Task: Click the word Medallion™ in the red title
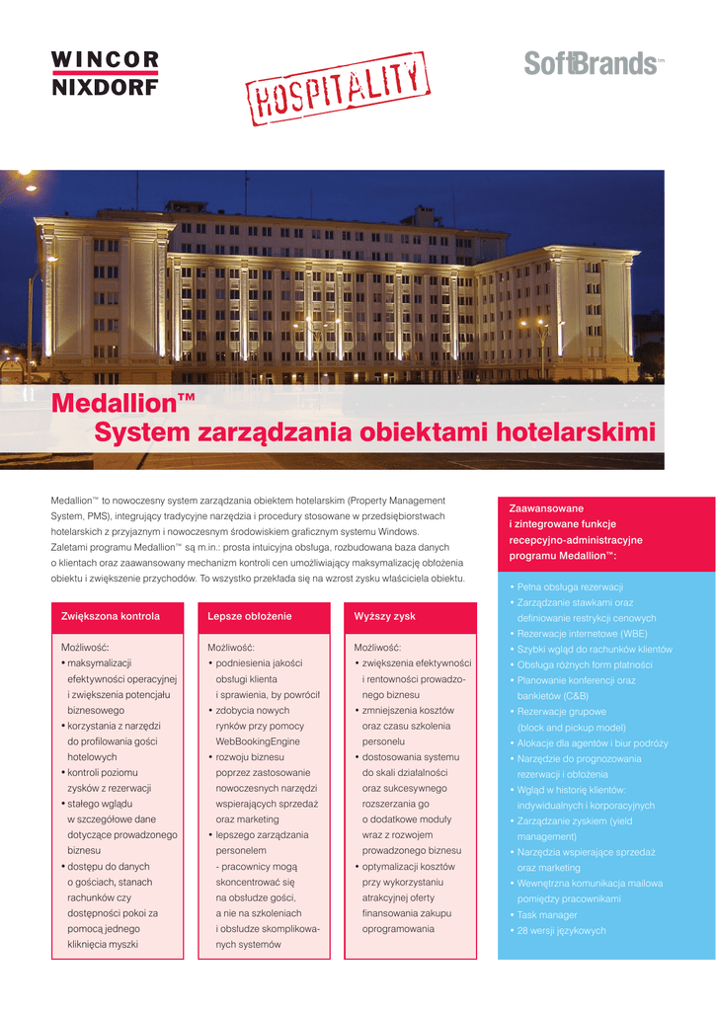pyautogui.click(x=122, y=403)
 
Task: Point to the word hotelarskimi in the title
pyautogui.click(x=575, y=432)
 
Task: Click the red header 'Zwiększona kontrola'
pyautogui.click(x=111, y=616)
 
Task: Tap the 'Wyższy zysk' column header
pyautogui.click(x=385, y=616)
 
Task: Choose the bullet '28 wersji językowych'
pyautogui.click(x=561, y=931)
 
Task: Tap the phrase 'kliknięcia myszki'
pyautogui.click(x=103, y=945)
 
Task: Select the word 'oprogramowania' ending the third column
pyautogui.click(x=398, y=929)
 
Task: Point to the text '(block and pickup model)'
pyautogui.click(x=571, y=728)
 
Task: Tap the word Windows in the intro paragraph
pyautogui.click(x=397, y=531)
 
